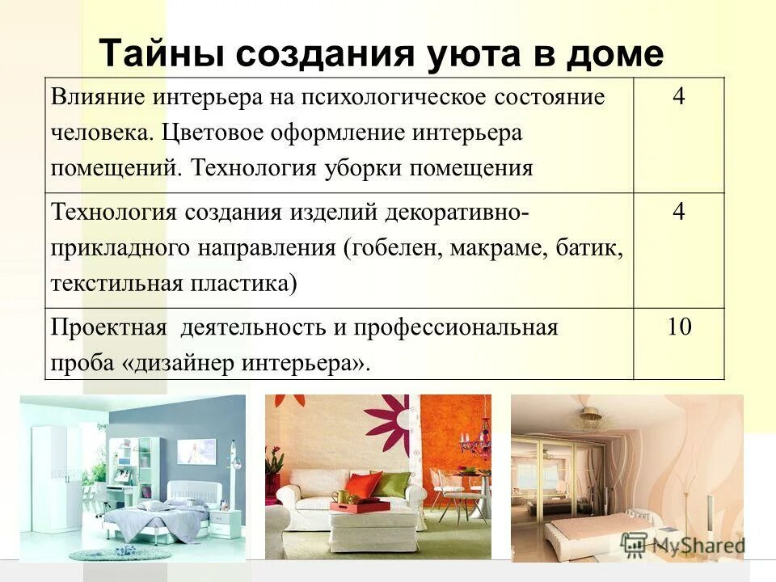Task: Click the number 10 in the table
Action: coord(679,327)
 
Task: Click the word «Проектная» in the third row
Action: coord(109,328)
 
